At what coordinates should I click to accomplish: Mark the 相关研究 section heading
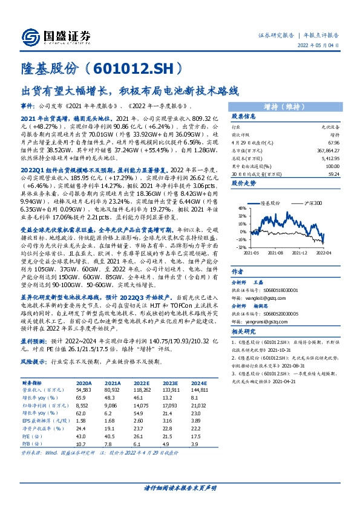point(244,331)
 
